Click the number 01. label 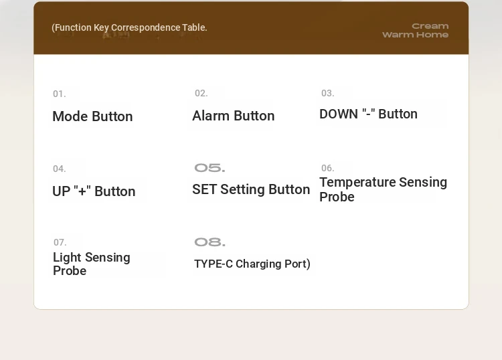click(59, 94)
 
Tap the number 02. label click(201, 93)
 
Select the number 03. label click(328, 93)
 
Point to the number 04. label click(59, 169)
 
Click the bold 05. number click(210, 168)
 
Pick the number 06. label click(328, 168)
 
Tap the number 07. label click(60, 242)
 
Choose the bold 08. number click(210, 242)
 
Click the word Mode click(70, 116)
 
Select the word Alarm click(211, 116)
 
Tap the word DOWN click(339, 114)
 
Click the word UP click(61, 191)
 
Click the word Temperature click(357, 182)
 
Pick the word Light click(67, 257)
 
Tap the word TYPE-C click(214, 264)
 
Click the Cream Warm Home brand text click(415, 30)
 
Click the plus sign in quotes click(82, 190)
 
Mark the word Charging click(258, 264)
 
